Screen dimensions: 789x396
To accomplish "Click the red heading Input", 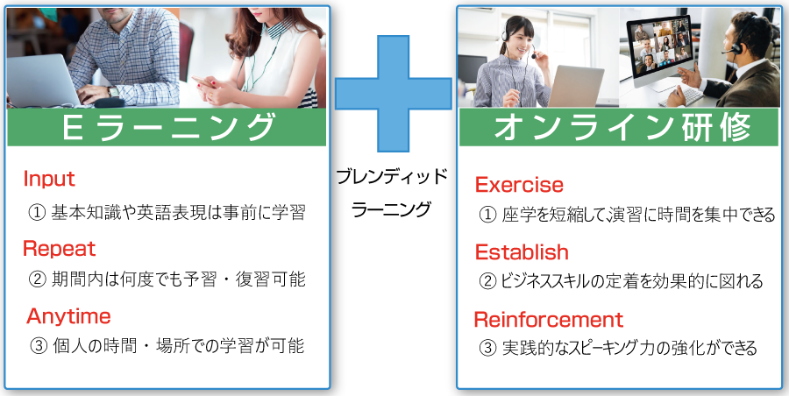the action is [x=49, y=179].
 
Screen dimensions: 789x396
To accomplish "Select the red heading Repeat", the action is [x=60, y=249].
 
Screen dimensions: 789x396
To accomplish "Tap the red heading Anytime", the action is [x=68, y=316].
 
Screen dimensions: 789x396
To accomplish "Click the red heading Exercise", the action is [x=519, y=185].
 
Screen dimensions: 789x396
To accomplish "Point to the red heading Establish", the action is [x=522, y=252].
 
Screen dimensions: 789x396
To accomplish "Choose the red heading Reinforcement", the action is [x=549, y=320].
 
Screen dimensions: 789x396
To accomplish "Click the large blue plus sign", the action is [x=394, y=94].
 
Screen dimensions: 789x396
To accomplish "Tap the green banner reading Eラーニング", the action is [x=167, y=127].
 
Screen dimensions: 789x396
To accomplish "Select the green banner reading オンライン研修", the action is [x=619, y=127].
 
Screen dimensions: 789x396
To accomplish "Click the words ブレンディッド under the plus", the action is [x=392, y=177].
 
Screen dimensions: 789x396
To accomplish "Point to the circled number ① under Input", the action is [x=37, y=214].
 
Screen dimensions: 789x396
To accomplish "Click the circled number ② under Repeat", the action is [x=37, y=279].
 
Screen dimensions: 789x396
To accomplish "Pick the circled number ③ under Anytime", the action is [x=39, y=347].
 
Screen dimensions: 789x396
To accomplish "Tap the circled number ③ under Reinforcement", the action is [x=487, y=349].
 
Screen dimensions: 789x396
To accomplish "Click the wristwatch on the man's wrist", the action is [x=113, y=92].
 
